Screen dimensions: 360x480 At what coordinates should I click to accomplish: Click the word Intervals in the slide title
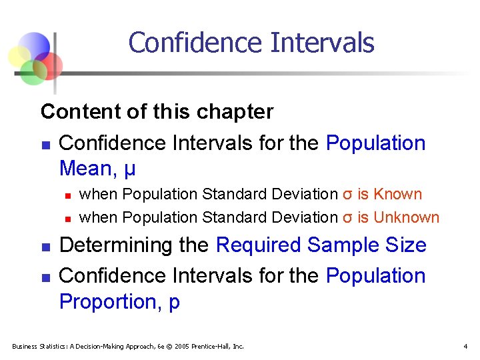(323, 43)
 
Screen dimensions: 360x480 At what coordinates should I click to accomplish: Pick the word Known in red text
(398, 195)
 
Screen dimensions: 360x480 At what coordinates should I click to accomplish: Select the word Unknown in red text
(407, 217)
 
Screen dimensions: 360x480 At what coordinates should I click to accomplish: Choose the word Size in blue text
(405, 245)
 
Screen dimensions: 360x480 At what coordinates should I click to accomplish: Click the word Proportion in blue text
(107, 301)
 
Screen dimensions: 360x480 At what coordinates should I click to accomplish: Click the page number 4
(465, 346)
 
